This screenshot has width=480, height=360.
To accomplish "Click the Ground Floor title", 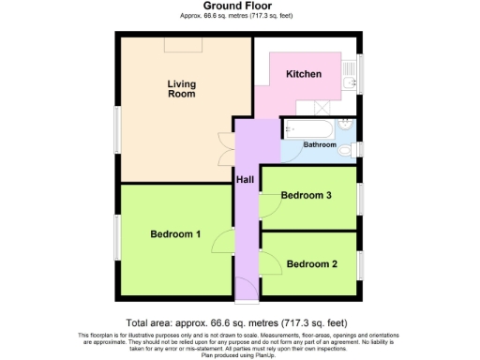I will (240, 7).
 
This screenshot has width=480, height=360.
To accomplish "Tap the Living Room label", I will (180, 88).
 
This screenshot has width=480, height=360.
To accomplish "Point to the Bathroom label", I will (320, 144).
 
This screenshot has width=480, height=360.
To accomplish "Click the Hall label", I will (245, 179).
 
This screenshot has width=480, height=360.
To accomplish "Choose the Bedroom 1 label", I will (175, 234).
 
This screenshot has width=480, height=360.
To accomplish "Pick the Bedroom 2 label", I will (312, 264).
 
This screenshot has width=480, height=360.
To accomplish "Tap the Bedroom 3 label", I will (307, 195).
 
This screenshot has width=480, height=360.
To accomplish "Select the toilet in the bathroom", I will (346, 149).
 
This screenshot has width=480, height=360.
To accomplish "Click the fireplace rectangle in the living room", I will (178, 44).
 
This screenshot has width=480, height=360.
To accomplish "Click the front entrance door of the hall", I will (246, 302).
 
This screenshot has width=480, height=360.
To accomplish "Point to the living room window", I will (117, 127).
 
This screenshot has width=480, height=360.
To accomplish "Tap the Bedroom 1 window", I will (117, 239).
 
